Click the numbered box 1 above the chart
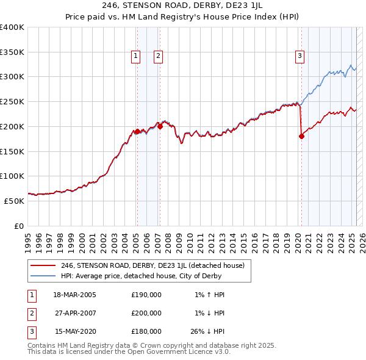[135, 56]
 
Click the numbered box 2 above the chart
[158, 56]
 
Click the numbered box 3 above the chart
[300, 56]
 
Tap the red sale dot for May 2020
[301, 136]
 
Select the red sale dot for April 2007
[160, 126]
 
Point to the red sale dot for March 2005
[137, 131]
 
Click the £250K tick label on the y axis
[12, 101]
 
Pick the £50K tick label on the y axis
[15, 201]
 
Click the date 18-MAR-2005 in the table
[75, 295]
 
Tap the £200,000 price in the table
[146, 313]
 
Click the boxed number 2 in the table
[30, 313]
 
